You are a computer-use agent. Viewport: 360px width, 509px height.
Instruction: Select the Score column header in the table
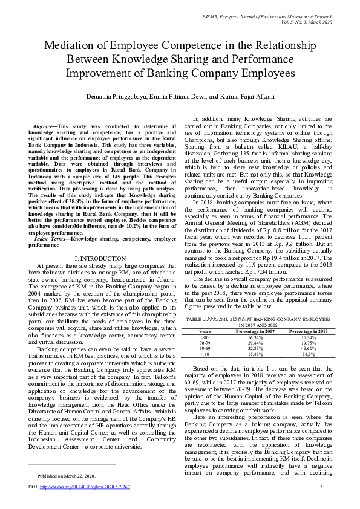click(x=205, y=332)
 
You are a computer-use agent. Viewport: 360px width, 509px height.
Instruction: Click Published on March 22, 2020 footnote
click(x=67, y=476)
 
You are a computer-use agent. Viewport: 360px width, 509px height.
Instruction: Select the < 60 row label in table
click(x=205, y=355)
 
